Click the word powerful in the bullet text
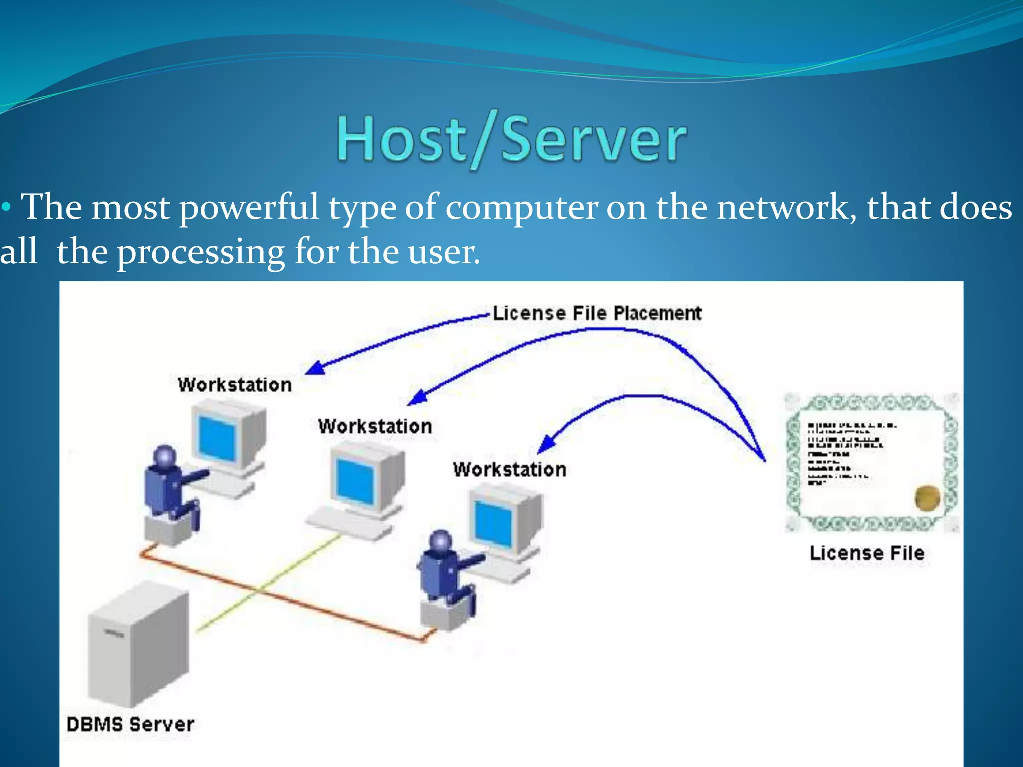tap(248, 207)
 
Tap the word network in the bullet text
tap(786, 207)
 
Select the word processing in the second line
tap(201, 252)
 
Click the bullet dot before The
tap(6, 207)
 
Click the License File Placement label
tap(597, 313)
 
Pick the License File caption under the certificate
tap(867, 553)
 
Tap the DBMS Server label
tap(130, 724)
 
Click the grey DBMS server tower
tap(137, 644)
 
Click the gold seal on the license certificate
tap(927, 498)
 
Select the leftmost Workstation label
tap(235, 385)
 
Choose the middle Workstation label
tap(375, 426)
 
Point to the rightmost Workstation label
tap(510, 470)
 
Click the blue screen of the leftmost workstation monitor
tap(217, 438)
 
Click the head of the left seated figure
tap(165, 456)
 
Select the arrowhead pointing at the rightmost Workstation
tap(547, 444)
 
